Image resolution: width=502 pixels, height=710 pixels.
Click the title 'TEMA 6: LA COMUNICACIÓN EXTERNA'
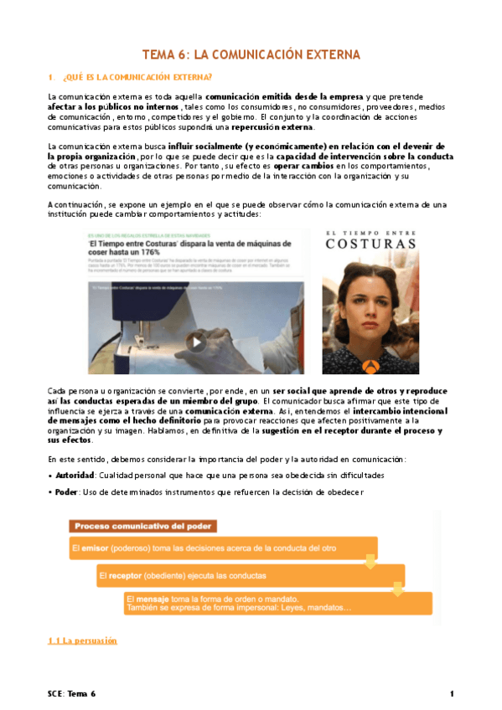pyautogui.click(x=251, y=55)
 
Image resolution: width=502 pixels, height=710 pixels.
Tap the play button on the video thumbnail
pyautogui.click(x=195, y=341)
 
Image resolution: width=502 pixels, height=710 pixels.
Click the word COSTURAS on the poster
pyautogui.click(x=370, y=244)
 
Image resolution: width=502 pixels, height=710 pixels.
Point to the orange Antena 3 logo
pyautogui.click(x=370, y=362)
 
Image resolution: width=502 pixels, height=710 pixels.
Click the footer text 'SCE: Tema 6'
pyautogui.click(x=71, y=694)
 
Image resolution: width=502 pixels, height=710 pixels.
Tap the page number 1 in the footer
pyautogui.click(x=451, y=694)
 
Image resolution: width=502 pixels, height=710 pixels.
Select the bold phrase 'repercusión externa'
pyautogui.click(x=275, y=127)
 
